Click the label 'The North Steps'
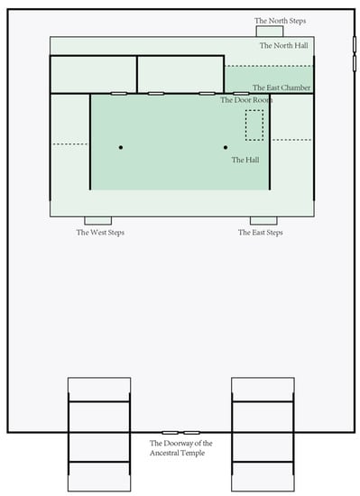(x=280, y=21)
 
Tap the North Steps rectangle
(x=270, y=32)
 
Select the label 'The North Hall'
(x=284, y=46)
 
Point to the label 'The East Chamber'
(x=282, y=87)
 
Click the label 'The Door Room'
(x=246, y=100)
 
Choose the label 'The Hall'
(x=245, y=160)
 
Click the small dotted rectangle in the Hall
(x=254, y=125)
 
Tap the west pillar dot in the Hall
(x=121, y=147)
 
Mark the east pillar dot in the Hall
(x=226, y=147)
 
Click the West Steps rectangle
(x=98, y=221)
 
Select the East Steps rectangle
(x=263, y=221)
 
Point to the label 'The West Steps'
(x=100, y=233)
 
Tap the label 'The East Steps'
(x=261, y=233)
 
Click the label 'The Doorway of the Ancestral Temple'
(x=181, y=448)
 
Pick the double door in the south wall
(x=180, y=432)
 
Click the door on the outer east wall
(x=355, y=54)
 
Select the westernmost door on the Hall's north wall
(x=119, y=94)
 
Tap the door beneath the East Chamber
(x=241, y=94)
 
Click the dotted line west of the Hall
(x=69, y=144)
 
